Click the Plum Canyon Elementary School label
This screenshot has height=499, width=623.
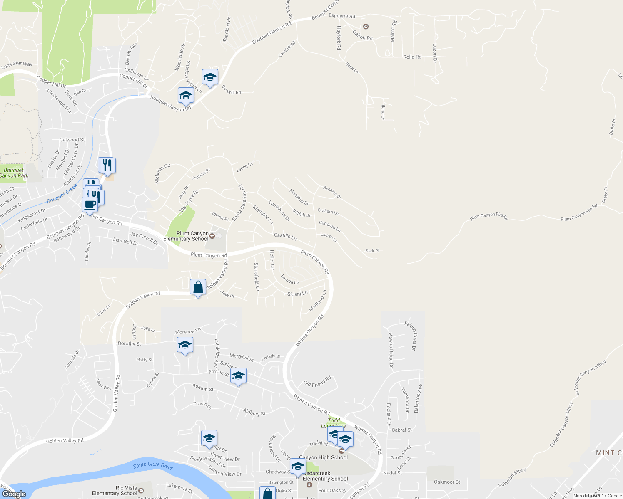186,236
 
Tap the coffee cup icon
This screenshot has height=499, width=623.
90,205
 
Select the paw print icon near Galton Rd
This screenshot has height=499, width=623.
366,27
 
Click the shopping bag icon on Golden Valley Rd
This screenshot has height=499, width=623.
198,287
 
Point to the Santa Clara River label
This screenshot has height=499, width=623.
153,466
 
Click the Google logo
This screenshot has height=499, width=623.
14,494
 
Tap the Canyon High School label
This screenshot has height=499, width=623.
323,457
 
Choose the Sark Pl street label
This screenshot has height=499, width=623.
372,251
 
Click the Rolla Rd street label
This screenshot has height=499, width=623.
412,57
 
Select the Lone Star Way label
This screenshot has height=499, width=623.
17,64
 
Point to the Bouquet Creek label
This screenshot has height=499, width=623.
62,194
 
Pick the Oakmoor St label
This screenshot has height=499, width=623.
447,482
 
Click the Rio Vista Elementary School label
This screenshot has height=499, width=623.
115,491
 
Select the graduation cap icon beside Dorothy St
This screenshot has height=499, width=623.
185,346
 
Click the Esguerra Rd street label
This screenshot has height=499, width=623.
342,16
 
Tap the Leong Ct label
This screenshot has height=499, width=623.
245,167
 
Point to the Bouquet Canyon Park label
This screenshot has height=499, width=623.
14,173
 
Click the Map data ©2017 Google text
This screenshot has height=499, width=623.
597,496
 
